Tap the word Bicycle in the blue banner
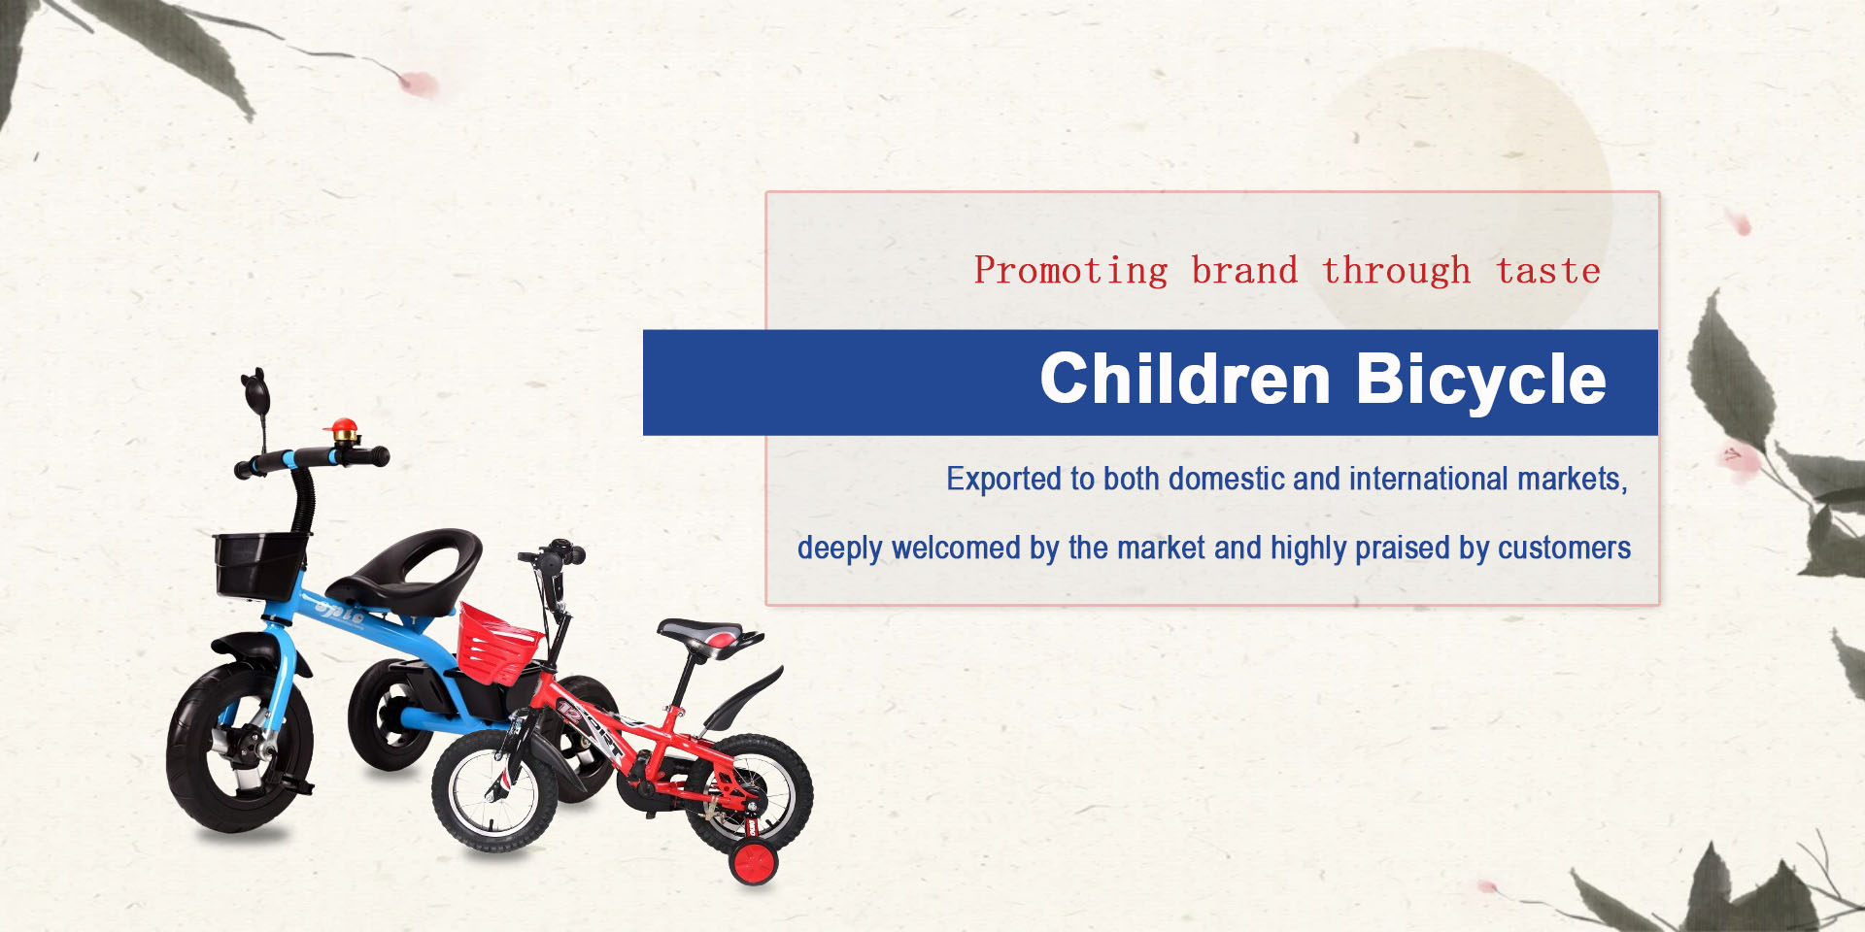tap(1481, 381)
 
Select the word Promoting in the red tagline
tap(1070, 271)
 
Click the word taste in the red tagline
tap(1548, 271)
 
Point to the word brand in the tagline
tap(1244, 270)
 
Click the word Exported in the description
tap(1004, 480)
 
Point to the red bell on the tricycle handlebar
tap(343, 431)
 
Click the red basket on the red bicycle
tap(498, 643)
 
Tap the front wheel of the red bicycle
tap(494, 789)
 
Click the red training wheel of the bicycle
tap(755, 863)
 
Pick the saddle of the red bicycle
tap(710, 635)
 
